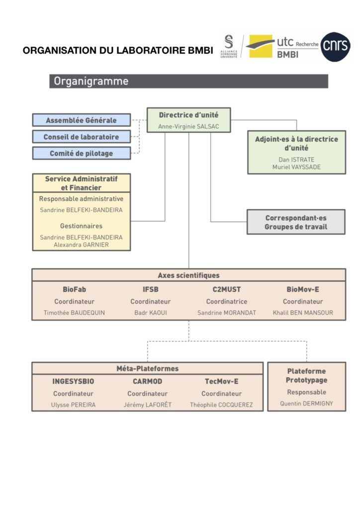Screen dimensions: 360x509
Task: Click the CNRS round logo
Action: point(335,47)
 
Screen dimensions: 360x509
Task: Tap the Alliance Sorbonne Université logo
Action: point(229,46)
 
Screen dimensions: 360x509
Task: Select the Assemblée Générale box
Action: point(82,120)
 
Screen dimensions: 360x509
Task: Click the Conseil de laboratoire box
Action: point(82,137)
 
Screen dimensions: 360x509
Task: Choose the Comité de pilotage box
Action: point(82,153)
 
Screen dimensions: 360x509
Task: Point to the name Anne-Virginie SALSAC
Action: point(188,127)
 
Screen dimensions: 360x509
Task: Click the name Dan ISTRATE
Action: point(296,160)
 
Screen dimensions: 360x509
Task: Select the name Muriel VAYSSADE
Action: point(296,167)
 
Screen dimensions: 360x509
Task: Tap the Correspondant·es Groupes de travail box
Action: point(296,222)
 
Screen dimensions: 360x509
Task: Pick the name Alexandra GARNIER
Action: point(81,245)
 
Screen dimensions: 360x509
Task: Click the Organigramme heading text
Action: point(91,81)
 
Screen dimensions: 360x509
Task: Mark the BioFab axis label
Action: point(75,289)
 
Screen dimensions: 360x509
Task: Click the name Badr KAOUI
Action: point(151,313)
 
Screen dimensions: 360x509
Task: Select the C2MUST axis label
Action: point(227,289)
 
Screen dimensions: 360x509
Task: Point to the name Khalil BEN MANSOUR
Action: point(303,313)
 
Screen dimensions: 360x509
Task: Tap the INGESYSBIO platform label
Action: point(74,381)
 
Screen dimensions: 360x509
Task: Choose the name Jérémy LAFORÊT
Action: point(147,405)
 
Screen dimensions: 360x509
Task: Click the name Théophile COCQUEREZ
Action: point(221,405)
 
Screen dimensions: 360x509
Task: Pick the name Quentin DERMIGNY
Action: point(306,404)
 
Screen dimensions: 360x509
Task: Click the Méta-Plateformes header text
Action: point(147,369)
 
